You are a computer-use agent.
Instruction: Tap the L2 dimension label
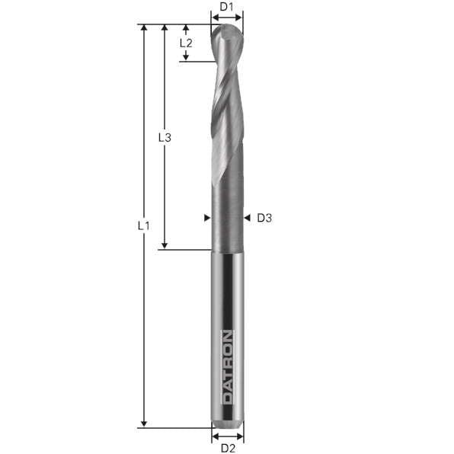click(x=186, y=43)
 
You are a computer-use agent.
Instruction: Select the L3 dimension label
click(x=164, y=138)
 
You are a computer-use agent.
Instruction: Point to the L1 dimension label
click(x=143, y=226)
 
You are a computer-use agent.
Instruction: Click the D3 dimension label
click(x=264, y=219)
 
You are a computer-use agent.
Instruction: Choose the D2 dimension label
click(x=227, y=448)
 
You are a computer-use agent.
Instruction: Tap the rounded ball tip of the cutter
click(x=227, y=32)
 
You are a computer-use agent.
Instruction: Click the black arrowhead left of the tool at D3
click(x=206, y=219)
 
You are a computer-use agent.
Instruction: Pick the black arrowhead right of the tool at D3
click(x=247, y=219)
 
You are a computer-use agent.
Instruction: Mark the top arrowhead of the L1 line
click(x=143, y=28)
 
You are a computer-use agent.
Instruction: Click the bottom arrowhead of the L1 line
click(x=143, y=424)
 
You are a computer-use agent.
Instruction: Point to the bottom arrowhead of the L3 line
click(x=164, y=245)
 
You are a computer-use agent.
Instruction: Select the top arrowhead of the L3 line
click(x=164, y=28)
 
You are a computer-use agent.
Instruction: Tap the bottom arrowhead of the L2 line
click(x=186, y=56)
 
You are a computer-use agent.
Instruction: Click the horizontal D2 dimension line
click(x=227, y=436)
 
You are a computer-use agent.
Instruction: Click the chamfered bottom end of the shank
click(x=227, y=421)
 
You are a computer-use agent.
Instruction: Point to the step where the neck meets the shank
click(x=227, y=250)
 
